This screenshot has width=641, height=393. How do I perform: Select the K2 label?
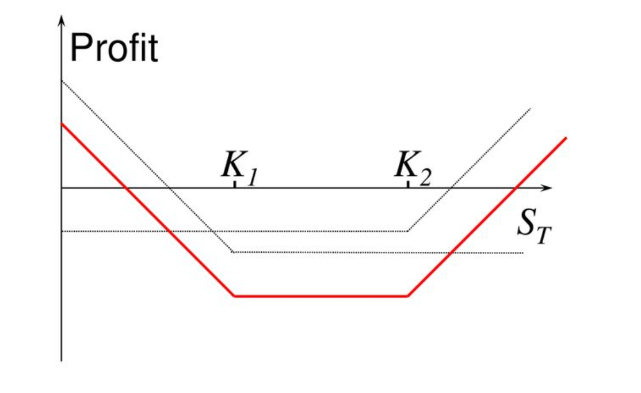coord(413,168)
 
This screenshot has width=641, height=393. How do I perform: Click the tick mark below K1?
coord(235,184)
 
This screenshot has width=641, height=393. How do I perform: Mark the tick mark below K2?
coord(408,184)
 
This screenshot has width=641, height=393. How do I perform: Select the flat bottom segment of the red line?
coord(321,296)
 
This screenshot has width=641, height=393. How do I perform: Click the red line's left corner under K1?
coord(234,296)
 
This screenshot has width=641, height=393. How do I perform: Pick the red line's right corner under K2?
coord(407,296)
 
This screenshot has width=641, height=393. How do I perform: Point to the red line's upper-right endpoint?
coord(566,138)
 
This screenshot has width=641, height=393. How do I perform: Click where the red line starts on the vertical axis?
coord(62,123)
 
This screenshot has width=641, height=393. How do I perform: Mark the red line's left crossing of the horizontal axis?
coord(127,188)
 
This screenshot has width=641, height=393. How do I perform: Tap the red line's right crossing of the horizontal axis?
coord(516,188)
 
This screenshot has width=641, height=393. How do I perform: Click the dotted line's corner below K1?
coord(232,252)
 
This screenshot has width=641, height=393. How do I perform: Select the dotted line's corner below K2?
coord(408,231)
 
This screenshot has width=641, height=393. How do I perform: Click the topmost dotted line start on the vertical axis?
coord(62,81)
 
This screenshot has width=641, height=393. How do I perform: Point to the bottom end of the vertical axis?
coord(62,361)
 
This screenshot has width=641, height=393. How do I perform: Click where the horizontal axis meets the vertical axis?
coord(62,188)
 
